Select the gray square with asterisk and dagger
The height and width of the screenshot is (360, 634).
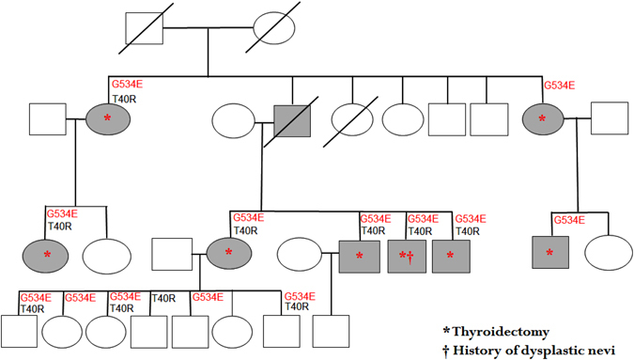406,255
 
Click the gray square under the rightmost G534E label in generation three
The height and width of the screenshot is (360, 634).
549,254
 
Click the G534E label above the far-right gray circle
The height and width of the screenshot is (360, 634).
559,86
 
